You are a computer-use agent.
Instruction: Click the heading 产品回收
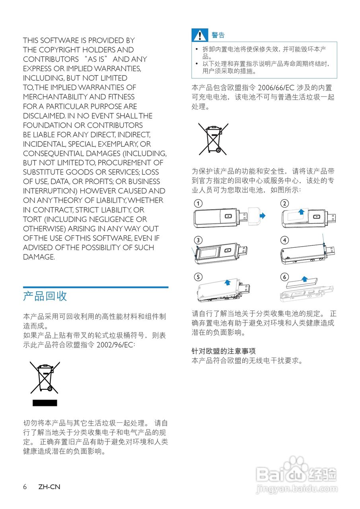[45, 296]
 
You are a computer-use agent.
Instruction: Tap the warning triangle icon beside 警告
[199, 35]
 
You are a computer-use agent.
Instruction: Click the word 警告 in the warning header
[218, 35]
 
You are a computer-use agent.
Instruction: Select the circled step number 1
[197, 204]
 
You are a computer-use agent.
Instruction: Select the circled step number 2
[284, 204]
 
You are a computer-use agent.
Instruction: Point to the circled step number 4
[284, 240]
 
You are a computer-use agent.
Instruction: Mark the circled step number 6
[284, 277]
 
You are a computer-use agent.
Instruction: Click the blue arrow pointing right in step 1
[262, 216]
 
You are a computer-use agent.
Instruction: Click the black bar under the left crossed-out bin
[45, 403]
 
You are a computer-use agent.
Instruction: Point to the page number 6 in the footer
[25, 487]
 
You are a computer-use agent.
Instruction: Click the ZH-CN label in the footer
[49, 487]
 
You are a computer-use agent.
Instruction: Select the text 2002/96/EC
[116, 345]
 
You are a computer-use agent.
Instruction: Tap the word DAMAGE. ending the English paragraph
[39, 257]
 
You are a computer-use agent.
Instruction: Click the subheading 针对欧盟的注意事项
[224, 352]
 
